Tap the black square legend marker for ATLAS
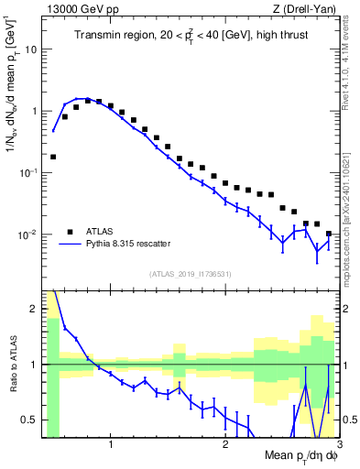point(69,231)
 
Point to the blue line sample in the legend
point(69,243)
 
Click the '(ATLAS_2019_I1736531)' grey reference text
point(191,273)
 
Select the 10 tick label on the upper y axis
point(29,49)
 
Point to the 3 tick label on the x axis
point(338,446)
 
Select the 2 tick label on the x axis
point(225,446)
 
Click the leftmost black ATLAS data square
point(53,157)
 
